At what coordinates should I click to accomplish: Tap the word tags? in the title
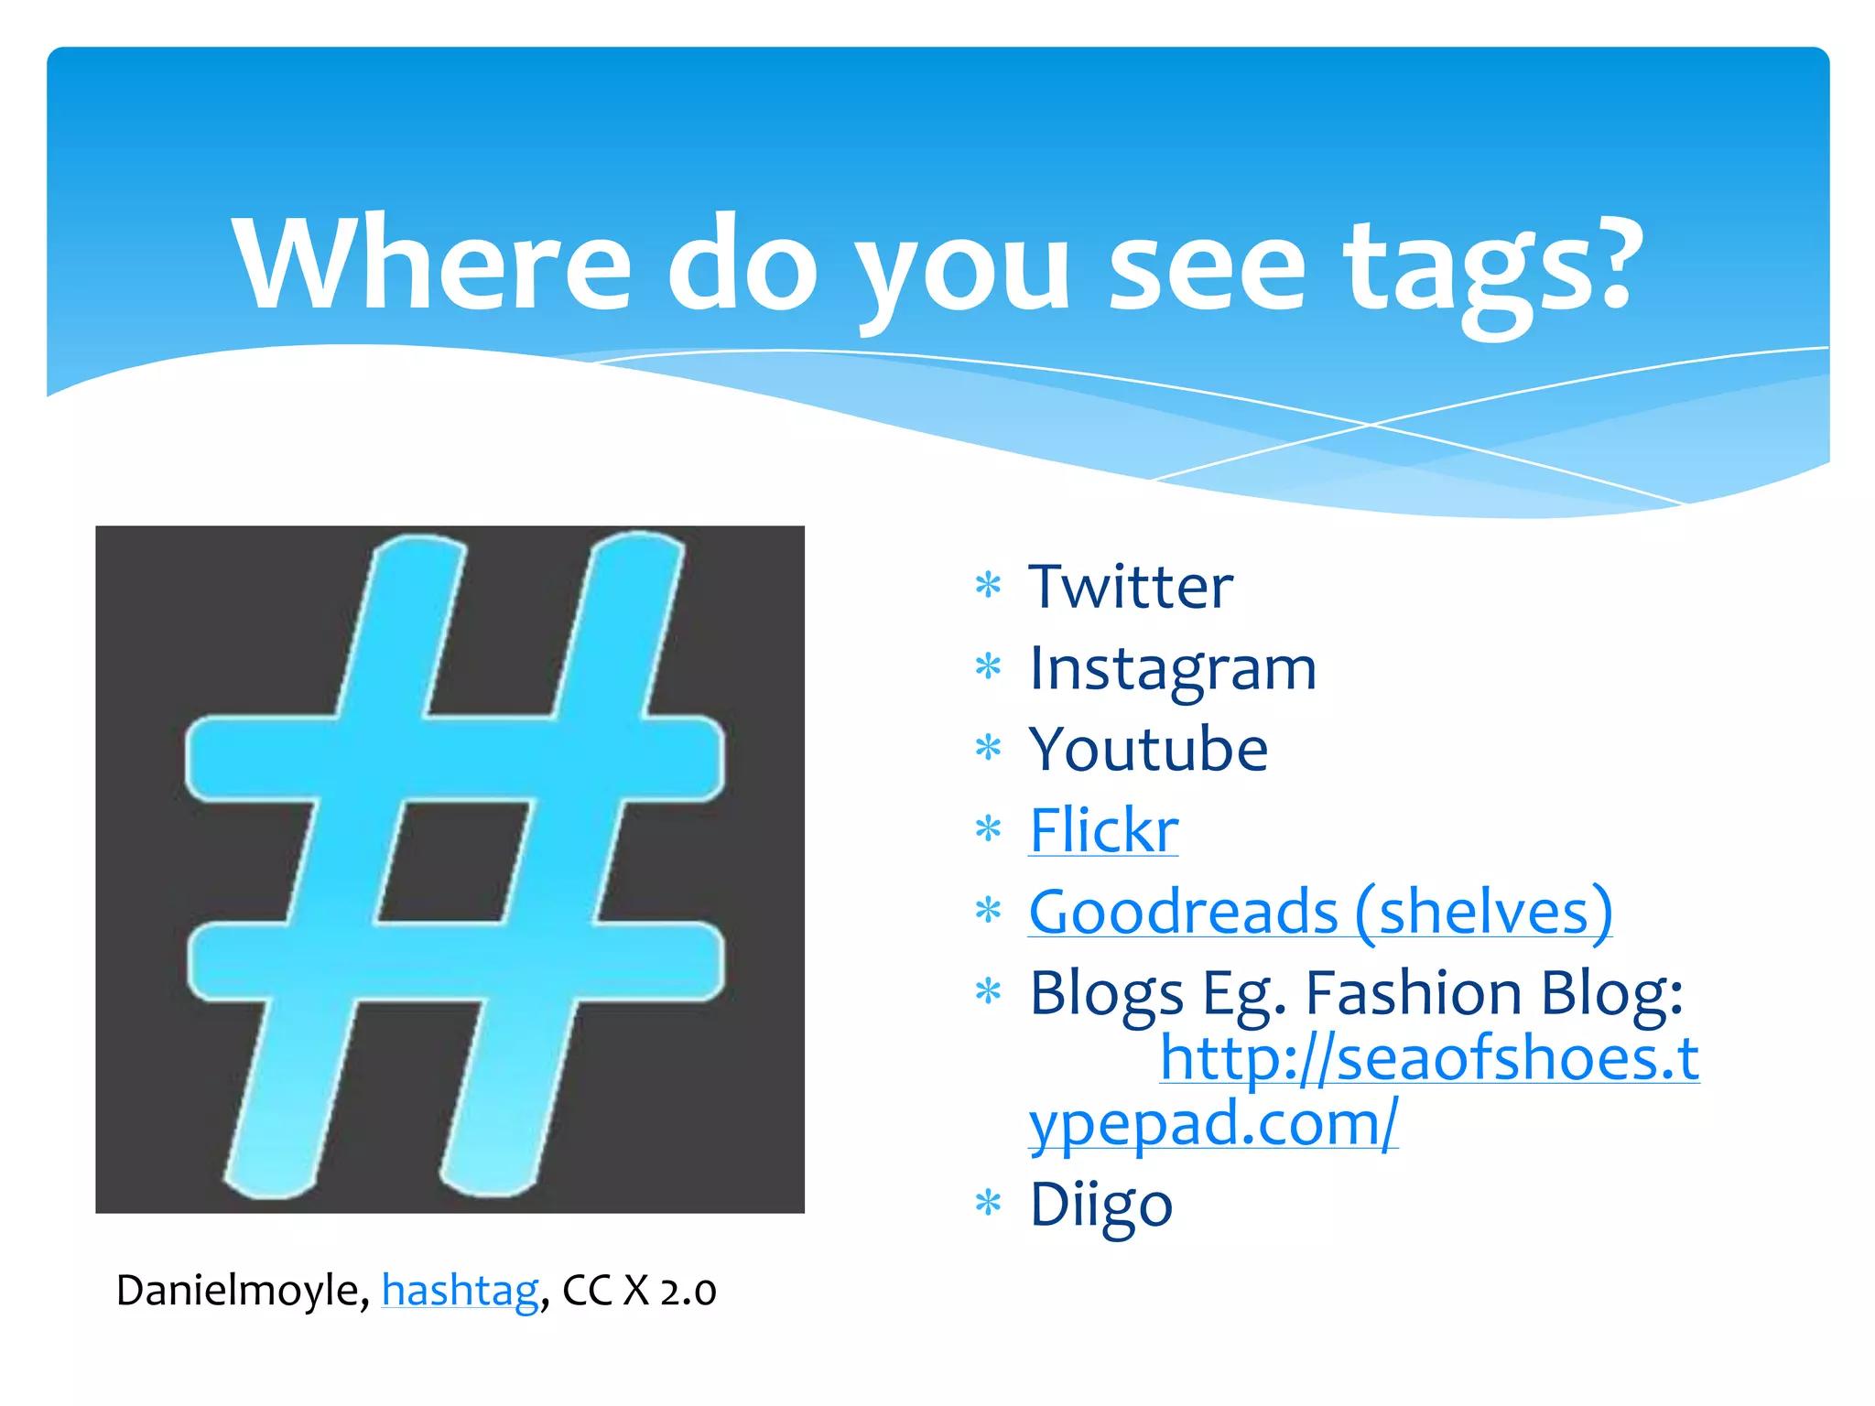tap(1492, 270)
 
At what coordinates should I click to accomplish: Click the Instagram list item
tap(1173, 668)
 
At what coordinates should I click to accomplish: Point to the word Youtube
tap(1148, 750)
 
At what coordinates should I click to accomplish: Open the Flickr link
tap(1103, 831)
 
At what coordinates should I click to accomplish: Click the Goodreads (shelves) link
tap(1319, 912)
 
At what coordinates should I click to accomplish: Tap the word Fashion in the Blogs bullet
tap(1415, 993)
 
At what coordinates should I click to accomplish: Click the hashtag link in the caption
tap(460, 1291)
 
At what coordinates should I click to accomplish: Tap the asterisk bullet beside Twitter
tap(988, 584)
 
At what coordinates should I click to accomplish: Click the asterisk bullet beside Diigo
tap(988, 1203)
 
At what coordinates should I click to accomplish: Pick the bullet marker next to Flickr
tap(988, 829)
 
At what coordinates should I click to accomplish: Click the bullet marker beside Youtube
tap(988, 748)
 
